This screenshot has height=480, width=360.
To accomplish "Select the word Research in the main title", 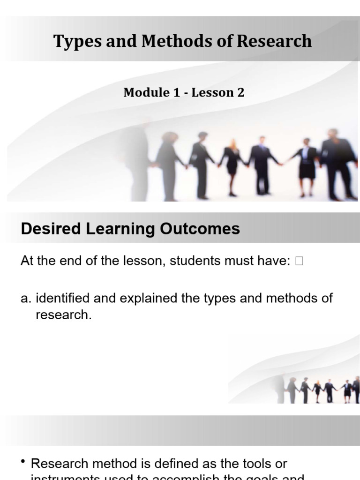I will click(274, 42).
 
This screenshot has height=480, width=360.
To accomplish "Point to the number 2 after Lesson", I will click(240, 92).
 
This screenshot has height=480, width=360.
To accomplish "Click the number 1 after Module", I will click(176, 92).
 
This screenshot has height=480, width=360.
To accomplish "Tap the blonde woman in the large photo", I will click(232, 166).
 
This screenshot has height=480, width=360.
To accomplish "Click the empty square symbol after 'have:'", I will click(300, 262).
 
